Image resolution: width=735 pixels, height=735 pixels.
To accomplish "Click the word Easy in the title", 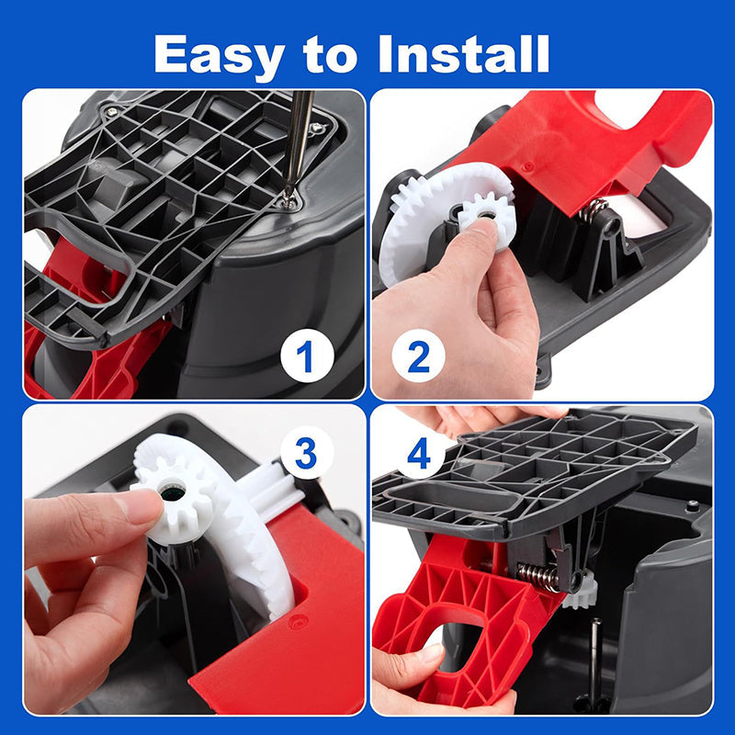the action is [220, 56].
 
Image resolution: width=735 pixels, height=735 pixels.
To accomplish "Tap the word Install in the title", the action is [464, 54].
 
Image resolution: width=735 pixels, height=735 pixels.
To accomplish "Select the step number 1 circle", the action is [307, 357].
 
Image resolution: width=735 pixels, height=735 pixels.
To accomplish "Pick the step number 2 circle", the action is [418, 357].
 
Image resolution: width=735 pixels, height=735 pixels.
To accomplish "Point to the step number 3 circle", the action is [307, 453].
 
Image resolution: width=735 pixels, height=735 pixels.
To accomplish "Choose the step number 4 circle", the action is [419, 456].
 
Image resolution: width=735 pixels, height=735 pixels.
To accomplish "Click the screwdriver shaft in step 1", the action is [298, 141].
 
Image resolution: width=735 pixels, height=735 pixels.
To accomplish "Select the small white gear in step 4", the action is [581, 591].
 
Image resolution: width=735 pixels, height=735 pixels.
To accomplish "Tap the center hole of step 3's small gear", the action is [172, 492].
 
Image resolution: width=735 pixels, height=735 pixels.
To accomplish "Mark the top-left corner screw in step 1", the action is [111, 111].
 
